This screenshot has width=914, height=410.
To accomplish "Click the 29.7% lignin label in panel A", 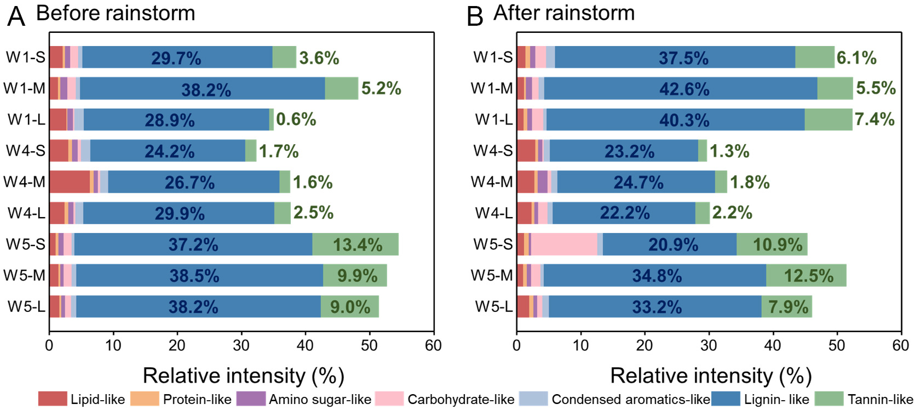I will point(176,58).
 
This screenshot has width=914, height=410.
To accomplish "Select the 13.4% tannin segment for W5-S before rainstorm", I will point(355,244).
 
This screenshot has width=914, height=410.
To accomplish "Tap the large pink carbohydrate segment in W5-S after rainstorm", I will point(564,244).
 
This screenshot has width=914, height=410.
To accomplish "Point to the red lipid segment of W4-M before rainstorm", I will point(70,182).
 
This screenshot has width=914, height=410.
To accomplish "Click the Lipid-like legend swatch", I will point(52,399).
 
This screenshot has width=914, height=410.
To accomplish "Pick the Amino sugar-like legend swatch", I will point(250,399).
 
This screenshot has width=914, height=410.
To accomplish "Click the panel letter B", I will point(474,16).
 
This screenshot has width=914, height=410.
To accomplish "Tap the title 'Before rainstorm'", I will point(116,13).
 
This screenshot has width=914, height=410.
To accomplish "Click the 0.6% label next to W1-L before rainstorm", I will point(296,119).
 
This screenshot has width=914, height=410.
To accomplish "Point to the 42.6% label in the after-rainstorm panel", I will point(684,89).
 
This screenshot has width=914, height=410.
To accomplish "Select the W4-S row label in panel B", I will point(493,151).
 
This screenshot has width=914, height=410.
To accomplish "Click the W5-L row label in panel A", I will point(26,306).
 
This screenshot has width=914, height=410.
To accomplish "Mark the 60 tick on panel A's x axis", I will point(433,346).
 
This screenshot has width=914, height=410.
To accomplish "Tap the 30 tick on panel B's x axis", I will point(709,346).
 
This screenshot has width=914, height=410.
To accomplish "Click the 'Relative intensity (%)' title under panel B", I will point(710,376).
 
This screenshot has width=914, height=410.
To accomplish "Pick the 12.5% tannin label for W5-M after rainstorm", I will point(808,276).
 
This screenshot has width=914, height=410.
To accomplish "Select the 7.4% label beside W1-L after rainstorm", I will point(875,119).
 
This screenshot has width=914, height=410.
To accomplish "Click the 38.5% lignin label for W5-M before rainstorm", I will point(194,276).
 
